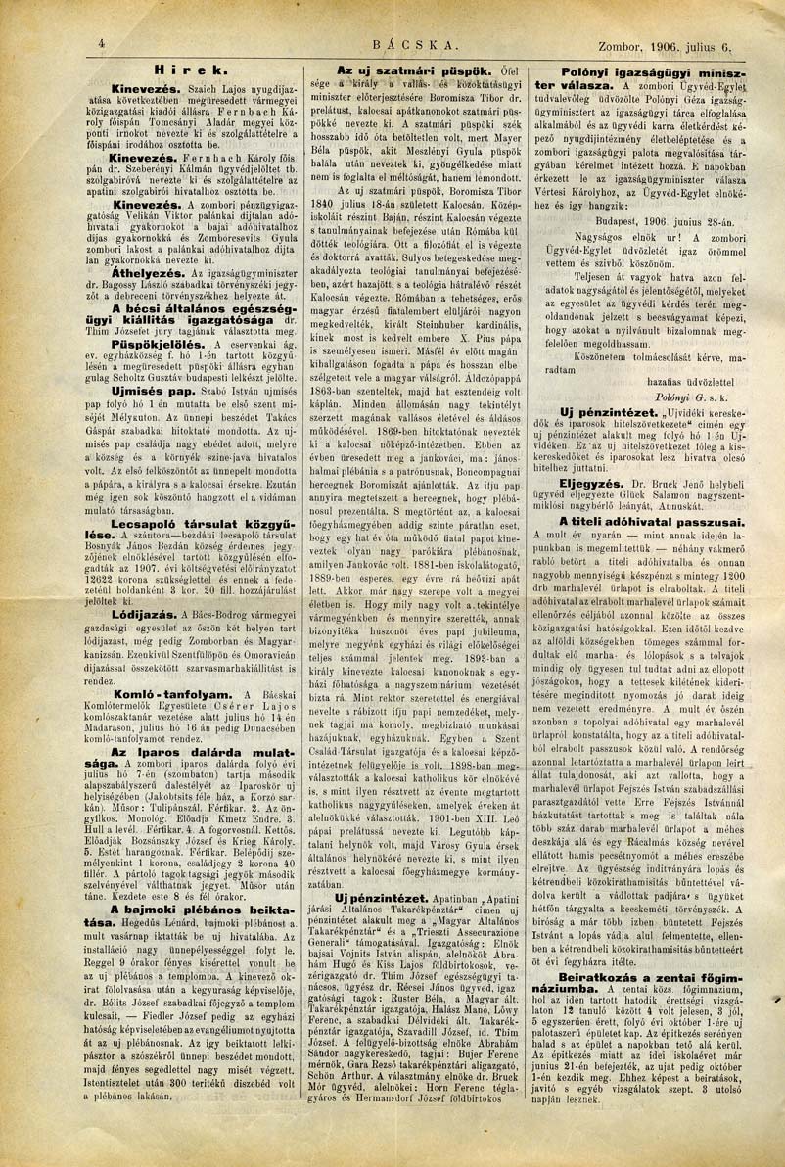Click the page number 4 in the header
coord(102,43)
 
